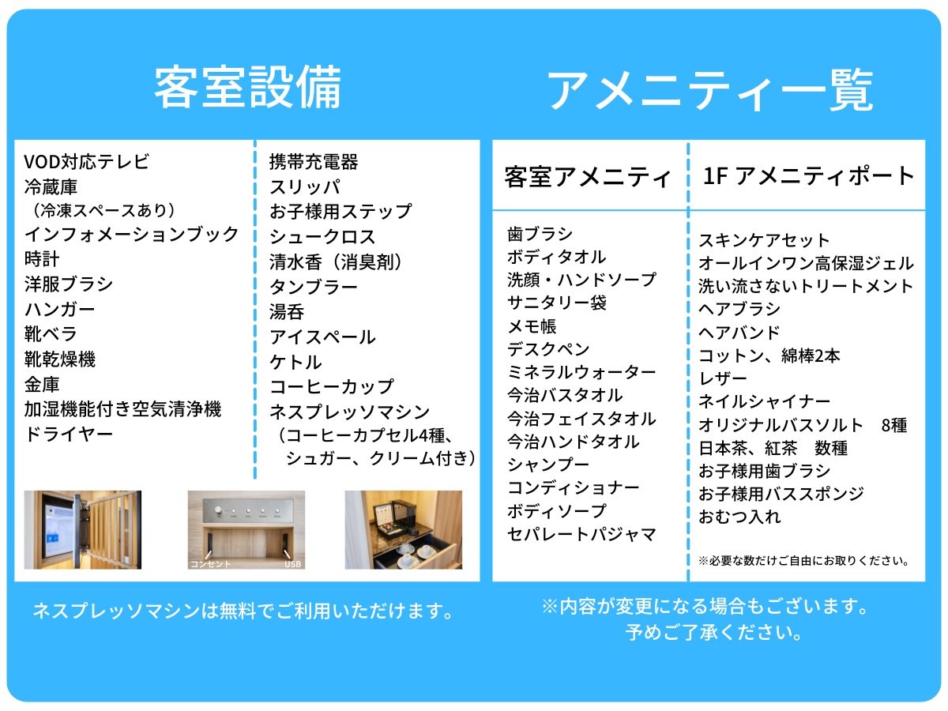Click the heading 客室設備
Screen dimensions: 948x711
point(248,87)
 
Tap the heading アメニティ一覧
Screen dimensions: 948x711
point(710,91)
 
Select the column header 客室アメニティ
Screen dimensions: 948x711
point(588,176)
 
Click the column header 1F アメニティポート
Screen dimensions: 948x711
point(808,175)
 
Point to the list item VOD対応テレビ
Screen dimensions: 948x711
point(87,162)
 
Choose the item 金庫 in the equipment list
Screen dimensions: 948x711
point(42,384)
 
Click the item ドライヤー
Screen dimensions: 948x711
point(69,434)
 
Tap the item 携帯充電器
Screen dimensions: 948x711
point(314,162)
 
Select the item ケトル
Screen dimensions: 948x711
point(295,362)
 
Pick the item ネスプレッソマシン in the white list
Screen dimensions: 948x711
point(350,412)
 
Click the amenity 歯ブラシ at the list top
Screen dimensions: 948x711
point(540,234)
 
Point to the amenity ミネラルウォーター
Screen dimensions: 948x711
point(581,372)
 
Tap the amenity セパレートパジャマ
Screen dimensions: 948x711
point(581,535)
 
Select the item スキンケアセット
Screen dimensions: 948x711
point(765,240)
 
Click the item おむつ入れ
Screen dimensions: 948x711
point(739,517)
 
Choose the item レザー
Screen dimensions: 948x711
point(723,378)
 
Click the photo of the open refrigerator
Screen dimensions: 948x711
point(82,529)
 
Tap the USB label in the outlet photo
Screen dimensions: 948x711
point(293,564)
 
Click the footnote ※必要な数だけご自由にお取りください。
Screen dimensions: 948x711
point(804,561)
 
